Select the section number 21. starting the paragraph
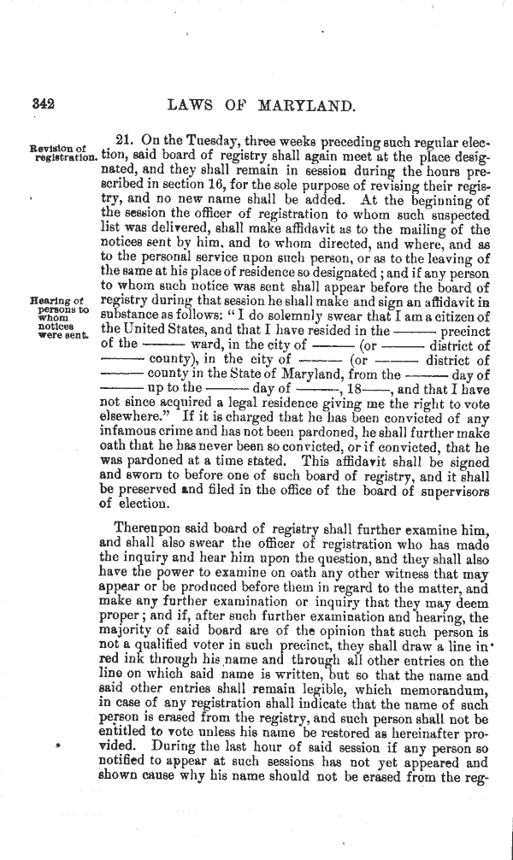(x=126, y=141)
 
